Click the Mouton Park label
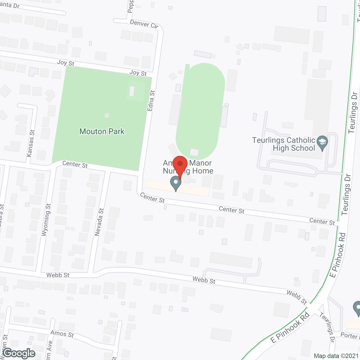[x=102, y=131]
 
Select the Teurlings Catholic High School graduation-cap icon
[x=322, y=143]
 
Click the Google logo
[x=19, y=353]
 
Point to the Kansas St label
[x=30, y=143]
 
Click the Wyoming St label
[x=46, y=220]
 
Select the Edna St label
[x=151, y=100]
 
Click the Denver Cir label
[x=144, y=24]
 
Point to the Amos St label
[x=62, y=334]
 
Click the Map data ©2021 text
[x=336, y=356]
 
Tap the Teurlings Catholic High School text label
[x=283, y=144]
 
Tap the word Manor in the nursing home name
[x=201, y=163]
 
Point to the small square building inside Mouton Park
[x=107, y=116]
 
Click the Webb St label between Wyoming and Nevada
[x=58, y=275]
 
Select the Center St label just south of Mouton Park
[x=75, y=165]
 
